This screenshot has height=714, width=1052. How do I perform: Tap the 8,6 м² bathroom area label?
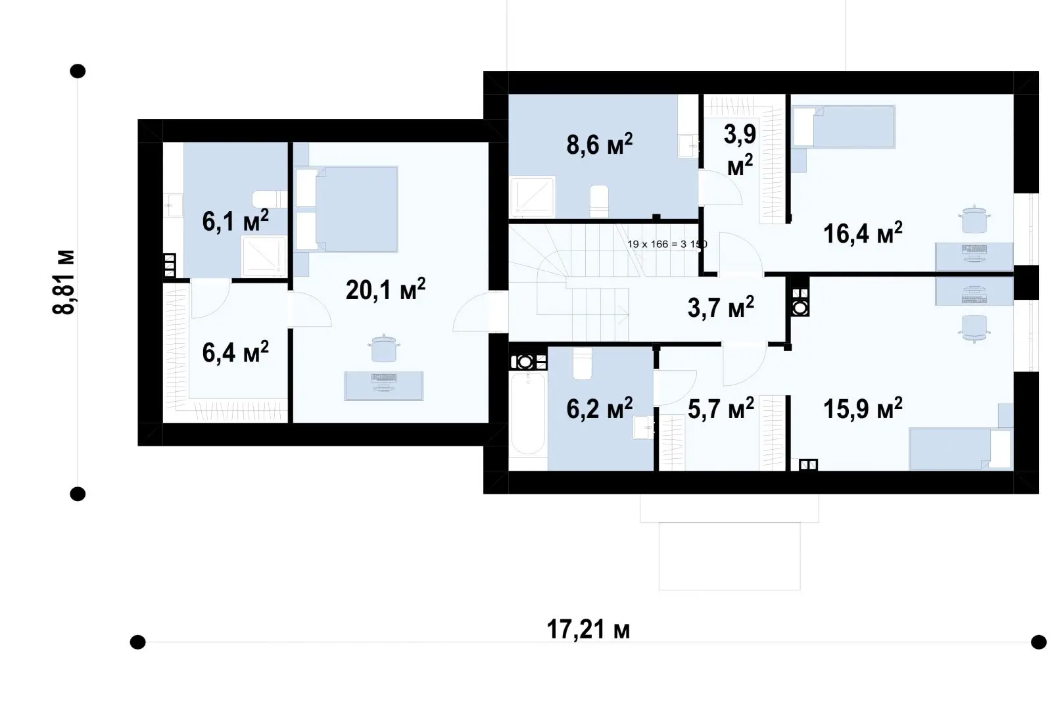point(599,144)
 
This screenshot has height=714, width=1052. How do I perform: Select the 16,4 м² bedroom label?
point(863,233)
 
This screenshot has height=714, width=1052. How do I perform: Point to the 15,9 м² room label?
point(863,408)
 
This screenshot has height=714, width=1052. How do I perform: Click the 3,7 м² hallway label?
point(721,308)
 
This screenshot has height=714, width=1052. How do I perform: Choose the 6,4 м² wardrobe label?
point(235,352)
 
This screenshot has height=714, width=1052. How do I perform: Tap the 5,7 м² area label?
point(721,408)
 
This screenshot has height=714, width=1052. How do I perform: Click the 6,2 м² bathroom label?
point(599,408)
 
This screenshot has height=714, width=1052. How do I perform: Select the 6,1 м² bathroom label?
point(235,221)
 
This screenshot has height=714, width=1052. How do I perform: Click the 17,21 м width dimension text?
point(588,629)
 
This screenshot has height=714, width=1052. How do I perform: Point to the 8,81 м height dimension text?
point(63,282)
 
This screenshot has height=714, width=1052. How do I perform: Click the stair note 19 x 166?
point(667,245)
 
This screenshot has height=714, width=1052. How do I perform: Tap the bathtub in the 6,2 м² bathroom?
point(529,414)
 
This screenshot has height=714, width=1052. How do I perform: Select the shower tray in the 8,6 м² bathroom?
point(533,197)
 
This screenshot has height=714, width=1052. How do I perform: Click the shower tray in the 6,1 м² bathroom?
point(264,256)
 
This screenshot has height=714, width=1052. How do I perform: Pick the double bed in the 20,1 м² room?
point(347,209)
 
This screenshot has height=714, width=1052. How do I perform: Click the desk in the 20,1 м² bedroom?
point(384,386)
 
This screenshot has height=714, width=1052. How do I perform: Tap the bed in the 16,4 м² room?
point(844,127)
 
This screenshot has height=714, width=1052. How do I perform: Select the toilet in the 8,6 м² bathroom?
point(599,202)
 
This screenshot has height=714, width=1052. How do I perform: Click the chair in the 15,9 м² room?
point(974,328)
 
